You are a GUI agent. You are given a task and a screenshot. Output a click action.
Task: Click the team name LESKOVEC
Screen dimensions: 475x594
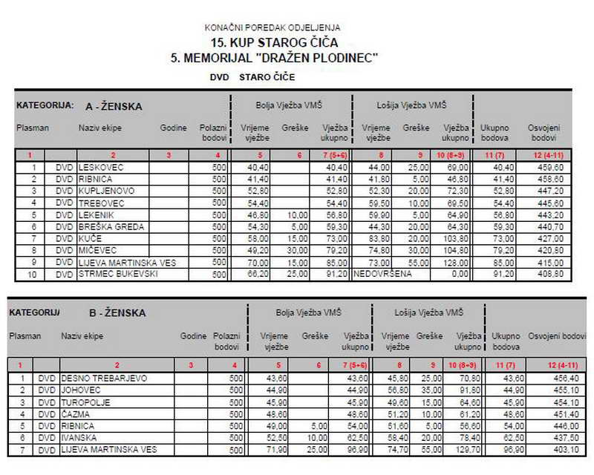pyautogui.click(x=101, y=168)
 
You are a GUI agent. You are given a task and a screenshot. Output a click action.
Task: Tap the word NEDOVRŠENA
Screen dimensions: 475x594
pyautogui.click(x=380, y=274)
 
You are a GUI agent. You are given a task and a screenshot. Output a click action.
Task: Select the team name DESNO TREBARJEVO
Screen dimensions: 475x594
pyautogui.click(x=103, y=379)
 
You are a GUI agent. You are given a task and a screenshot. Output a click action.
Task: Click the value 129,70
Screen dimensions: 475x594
pyautogui.click(x=465, y=450)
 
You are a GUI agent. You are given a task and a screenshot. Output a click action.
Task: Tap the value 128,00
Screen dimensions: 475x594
pyautogui.click(x=456, y=262)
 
